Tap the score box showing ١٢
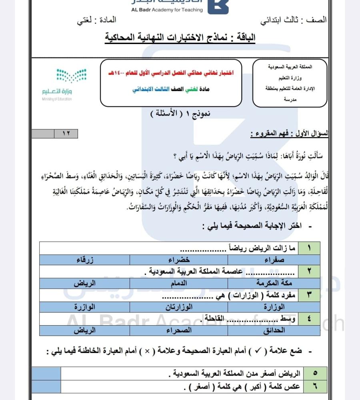pos(66,134)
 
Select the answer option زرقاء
pos(85,260)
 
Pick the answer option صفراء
pos(274,260)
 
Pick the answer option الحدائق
pos(275,330)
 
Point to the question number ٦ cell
pos(314,387)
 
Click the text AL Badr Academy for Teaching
pos(167,10)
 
